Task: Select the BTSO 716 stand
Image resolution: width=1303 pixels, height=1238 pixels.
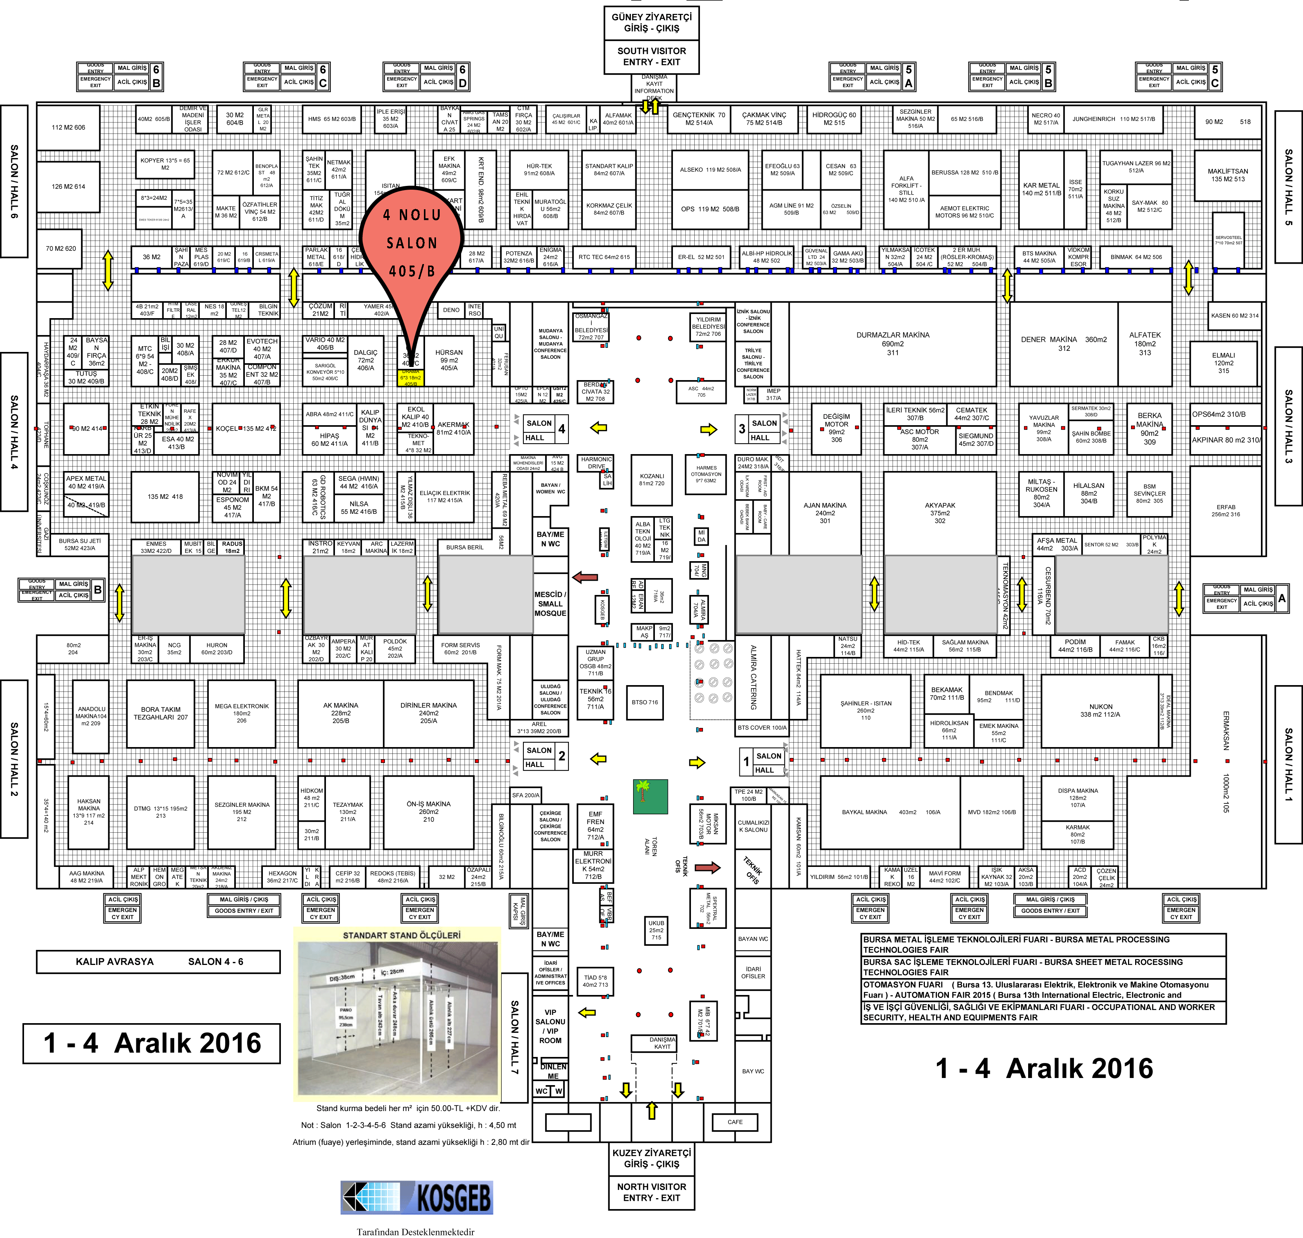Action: pyautogui.click(x=645, y=702)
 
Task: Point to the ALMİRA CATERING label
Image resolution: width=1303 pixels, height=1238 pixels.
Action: pyautogui.click(x=753, y=676)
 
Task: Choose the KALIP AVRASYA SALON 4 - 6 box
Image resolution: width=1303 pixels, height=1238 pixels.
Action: pyautogui.click(x=158, y=962)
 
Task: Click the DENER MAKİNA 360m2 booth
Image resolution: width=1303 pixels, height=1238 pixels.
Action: pyautogui.click(x=1063, y=344)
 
